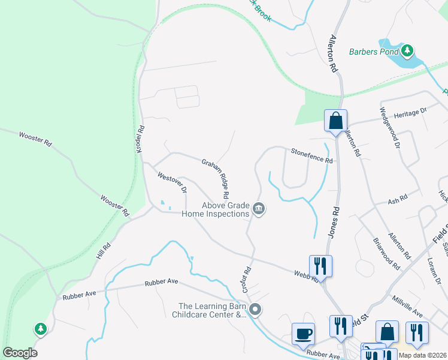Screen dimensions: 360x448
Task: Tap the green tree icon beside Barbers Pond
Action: click(407, 50)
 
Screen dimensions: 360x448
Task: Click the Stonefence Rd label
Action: click(311, 156)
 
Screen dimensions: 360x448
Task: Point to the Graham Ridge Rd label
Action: click(216, 178)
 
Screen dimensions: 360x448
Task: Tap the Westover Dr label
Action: click(172, 182)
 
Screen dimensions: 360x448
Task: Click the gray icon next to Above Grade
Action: click(259, 209)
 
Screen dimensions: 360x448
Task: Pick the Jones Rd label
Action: click(334, 220)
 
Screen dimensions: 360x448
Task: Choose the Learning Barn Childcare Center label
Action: click(209, 310)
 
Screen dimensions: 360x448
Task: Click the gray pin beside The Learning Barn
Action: click(256, 310)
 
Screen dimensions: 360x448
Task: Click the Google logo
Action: click(20, 353)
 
